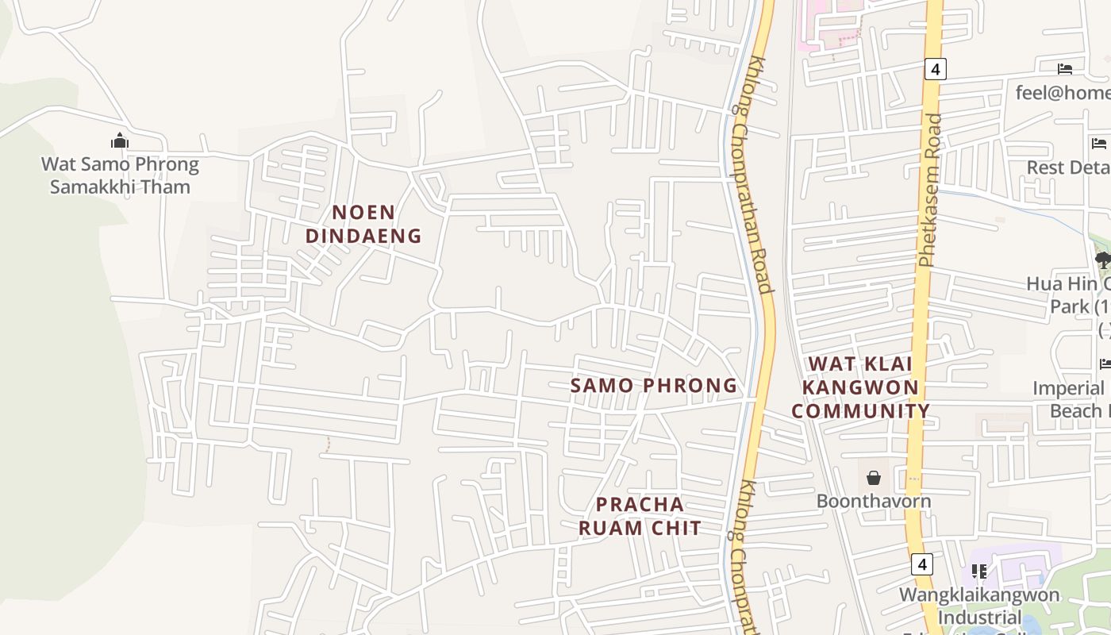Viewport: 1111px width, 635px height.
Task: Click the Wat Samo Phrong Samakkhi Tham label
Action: tap(120, 175)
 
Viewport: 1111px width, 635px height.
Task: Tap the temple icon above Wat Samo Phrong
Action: tap(120, 141)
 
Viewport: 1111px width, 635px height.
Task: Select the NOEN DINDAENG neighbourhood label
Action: tap(363, 224)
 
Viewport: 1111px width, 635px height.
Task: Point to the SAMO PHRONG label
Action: tap(654, 386)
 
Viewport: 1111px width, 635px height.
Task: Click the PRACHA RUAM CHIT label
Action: tap(640, 516)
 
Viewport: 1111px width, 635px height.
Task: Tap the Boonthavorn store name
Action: tap(874, 501)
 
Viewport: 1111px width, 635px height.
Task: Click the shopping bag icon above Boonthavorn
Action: tap(874, 478)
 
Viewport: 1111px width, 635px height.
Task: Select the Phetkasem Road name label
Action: tap(930, 190)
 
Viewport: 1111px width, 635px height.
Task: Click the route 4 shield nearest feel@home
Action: tap(935, 69)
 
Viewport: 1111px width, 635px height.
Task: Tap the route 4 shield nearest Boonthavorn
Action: tap(921, 564)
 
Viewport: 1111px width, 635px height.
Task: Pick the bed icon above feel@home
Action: tap(1065, 69)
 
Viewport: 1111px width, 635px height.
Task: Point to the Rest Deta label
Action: tap(1068, 167)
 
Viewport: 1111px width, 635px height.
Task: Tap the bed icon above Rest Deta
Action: tap(1099, 144)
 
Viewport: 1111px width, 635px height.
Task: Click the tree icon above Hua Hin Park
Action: tap(1102, 259)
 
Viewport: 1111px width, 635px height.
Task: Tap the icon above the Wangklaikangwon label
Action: tap(979, 571)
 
